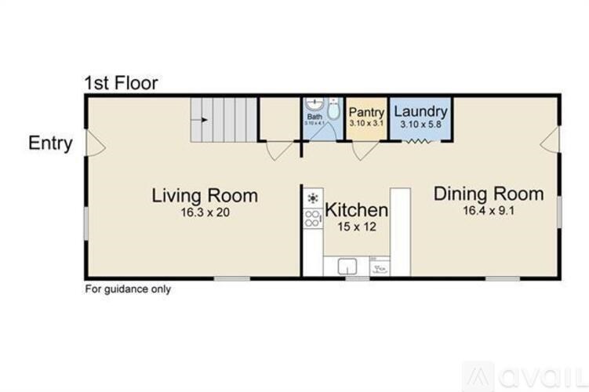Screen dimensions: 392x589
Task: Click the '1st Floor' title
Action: [x=122, y=82]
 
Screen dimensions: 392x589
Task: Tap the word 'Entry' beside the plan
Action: [x=51, y=143]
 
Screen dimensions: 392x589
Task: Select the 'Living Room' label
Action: [x=205, y=195]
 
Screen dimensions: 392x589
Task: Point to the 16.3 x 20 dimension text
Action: [x=205, y=212]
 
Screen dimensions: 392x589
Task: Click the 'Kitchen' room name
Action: [x=356, y=210]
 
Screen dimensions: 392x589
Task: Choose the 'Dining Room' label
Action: [x=489, y=194]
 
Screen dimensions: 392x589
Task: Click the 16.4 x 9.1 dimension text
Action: [x=489, y=210]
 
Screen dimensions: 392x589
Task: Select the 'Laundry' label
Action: [x=420, y=112]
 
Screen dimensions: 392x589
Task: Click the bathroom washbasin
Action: [x=314, y=104]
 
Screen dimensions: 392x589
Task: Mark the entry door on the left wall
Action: [x=93, y=143]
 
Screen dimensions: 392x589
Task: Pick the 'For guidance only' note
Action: [x=128, y=289]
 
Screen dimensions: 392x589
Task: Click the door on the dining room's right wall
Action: [x=551, y=140]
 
